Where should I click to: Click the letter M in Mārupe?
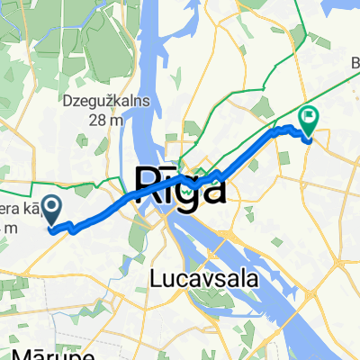point(19,352)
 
